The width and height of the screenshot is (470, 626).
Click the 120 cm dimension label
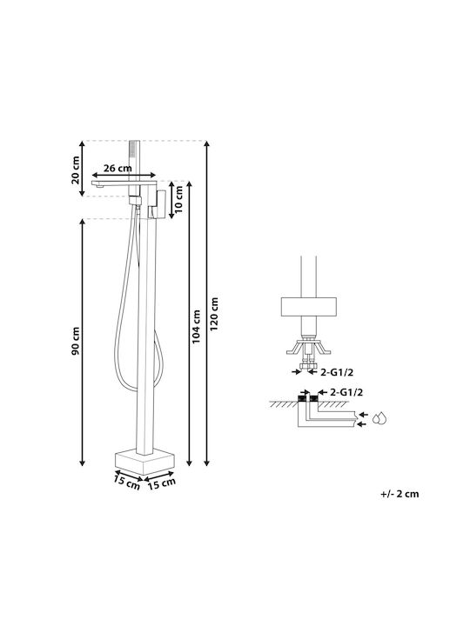(215, 313)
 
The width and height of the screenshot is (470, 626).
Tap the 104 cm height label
(197, 327)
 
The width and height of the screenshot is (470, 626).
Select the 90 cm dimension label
(76, 342)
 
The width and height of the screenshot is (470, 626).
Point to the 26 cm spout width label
(117, 168)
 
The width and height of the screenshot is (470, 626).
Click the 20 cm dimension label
(76, 170)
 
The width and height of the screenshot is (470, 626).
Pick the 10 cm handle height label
(178, 199)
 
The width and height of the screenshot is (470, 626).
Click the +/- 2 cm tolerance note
(399, 494)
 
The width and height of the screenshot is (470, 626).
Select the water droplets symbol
(379, 418)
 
